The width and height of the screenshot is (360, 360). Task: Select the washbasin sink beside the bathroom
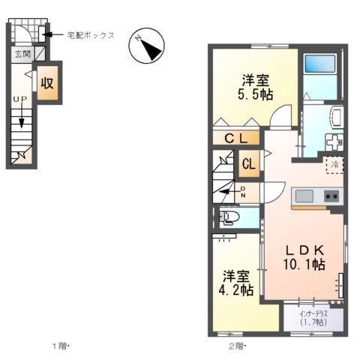point(335,117)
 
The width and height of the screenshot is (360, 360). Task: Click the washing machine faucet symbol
point(333,140)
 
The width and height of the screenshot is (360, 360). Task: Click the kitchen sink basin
point(304,196)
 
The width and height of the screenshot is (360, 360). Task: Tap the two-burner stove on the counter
point(331,196)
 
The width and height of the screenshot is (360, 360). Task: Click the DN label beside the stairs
point(243,191)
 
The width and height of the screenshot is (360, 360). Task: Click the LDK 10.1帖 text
point(303,256)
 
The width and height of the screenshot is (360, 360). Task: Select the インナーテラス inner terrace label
point(313,316)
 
